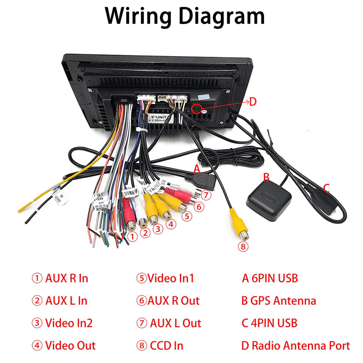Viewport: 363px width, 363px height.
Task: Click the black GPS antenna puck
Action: tap(269, 200)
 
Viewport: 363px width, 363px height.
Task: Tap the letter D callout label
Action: tap(253, 102)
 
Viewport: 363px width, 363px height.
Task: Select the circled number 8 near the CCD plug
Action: tap(244, 247)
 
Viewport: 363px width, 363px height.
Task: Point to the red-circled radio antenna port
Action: tap(196, 108)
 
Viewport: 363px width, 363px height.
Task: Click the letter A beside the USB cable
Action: tap(196, 168)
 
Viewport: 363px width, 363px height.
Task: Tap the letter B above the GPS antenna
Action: tap(267, 177)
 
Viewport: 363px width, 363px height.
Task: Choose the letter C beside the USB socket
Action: tap(326, 187)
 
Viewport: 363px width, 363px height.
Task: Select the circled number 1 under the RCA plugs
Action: tap(132, 236)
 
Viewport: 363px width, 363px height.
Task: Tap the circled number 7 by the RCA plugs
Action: tap(206, 195)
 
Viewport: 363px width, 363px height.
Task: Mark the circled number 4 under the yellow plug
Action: tap(170, 223)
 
